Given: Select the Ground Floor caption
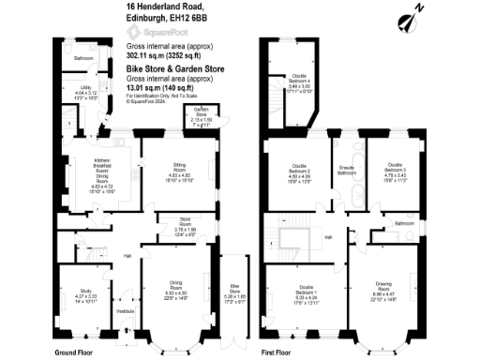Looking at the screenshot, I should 77,352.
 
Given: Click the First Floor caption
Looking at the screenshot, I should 280,352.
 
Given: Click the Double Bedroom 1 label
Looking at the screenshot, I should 306,290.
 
